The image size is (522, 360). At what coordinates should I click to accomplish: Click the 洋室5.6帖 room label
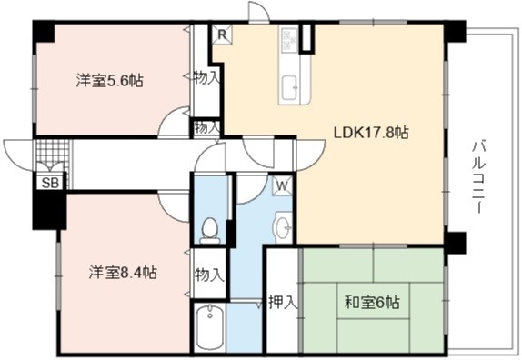coord(110,80)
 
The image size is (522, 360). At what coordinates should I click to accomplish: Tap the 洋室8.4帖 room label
coord(123,273)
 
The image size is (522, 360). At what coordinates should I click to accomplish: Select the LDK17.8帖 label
coord(372,133)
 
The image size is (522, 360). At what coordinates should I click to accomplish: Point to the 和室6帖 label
coord(372,303)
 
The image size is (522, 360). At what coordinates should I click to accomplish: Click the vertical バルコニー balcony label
coord(478,177)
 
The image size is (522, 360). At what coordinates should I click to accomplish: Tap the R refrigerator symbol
coord(222,35)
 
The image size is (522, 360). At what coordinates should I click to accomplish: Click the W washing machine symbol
coord(282,185)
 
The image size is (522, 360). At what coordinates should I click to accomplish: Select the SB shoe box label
coord(50,183)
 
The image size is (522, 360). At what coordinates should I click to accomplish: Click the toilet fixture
coord(210,231)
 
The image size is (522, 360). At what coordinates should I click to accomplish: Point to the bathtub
coord(209,326)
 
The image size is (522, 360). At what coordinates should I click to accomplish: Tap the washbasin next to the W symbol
coord(282,227)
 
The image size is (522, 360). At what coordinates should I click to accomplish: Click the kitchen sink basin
coord(289,87)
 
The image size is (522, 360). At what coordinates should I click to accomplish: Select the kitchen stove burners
coord(289,40)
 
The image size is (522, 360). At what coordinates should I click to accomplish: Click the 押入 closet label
coord(283,302)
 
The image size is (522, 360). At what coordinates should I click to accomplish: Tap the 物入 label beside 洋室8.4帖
coord(210,275)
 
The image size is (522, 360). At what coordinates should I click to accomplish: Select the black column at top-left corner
coord(44,32)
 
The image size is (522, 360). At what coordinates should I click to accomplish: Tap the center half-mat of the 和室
coord(374,301)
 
